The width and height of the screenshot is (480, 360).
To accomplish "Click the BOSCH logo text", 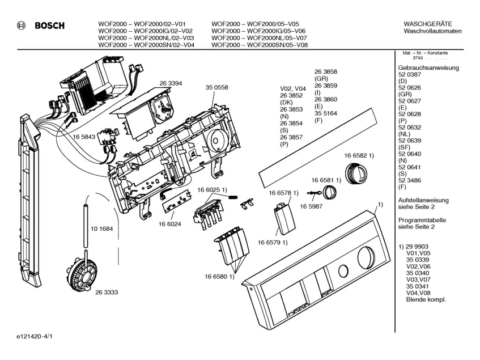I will coord(49,26).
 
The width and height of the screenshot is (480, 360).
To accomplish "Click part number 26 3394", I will coord(162,83).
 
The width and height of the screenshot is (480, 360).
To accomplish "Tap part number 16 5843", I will coord(83,137).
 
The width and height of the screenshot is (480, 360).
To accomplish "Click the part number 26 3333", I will coord(106,292).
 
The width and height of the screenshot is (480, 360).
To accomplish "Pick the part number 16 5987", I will coord(311,206).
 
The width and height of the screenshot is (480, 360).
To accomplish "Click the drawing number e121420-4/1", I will coord(35,336).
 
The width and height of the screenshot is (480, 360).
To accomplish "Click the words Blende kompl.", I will coord(426,299).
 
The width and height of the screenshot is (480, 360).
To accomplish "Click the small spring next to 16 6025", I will coord(233,196).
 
